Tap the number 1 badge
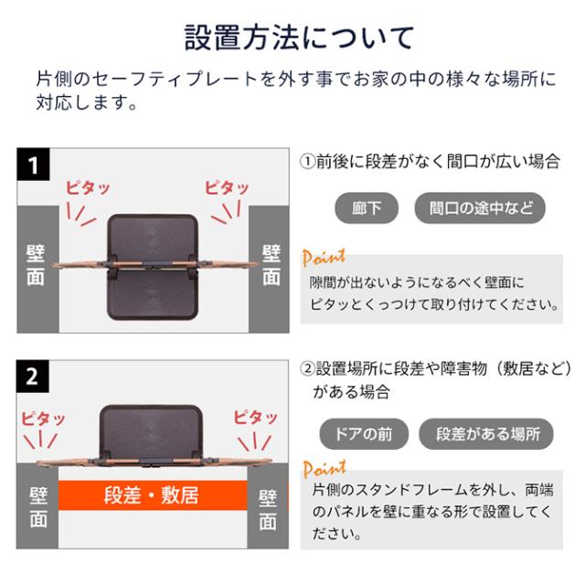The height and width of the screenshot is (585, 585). (35, 165)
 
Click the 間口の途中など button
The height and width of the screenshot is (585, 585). (479, 207)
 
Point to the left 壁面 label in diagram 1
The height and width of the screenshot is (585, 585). (36, 265)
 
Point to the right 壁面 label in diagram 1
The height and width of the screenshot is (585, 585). (271, 265)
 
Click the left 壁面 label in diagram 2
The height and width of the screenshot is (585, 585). (37, 508)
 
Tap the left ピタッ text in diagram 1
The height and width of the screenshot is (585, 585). (87, 188)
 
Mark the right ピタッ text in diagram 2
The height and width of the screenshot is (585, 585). (256, 418)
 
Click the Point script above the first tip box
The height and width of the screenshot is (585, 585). (324, 257)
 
